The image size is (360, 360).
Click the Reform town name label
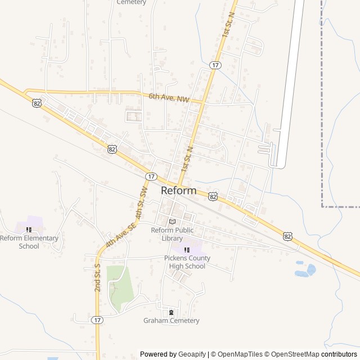coord(178,191)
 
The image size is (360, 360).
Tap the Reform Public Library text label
coord(172,234)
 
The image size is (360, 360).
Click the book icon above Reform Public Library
coord(172,221)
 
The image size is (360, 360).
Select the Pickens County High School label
coord(187,262)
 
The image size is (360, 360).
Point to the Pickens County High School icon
coord(187,249)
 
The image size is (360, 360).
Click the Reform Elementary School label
coord(29,242)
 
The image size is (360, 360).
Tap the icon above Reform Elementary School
coord(29,229)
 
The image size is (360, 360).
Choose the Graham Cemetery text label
coord(171,321)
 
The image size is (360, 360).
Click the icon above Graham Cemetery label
coord(171,312)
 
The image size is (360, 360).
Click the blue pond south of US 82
coord(304,271)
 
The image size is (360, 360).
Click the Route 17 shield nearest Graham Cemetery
coord(97,319)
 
